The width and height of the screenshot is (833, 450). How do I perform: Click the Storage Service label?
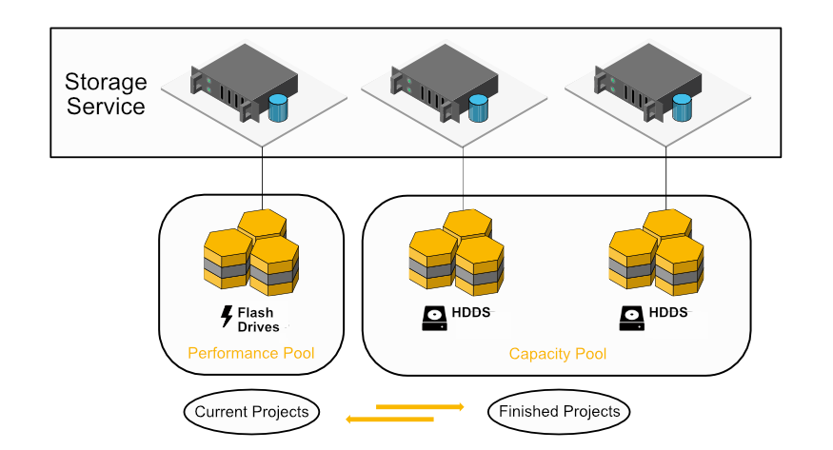105,93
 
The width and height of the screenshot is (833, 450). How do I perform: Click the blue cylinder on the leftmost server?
277,108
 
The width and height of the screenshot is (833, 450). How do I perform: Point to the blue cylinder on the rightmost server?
682,108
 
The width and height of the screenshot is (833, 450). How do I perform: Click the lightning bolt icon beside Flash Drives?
227,317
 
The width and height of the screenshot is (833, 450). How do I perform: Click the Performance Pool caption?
250,354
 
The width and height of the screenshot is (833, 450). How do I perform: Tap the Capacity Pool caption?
557,355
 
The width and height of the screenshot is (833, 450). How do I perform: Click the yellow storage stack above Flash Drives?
251,252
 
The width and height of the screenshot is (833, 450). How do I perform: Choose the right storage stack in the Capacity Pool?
656,252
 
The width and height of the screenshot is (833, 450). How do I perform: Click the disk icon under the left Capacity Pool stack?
435,317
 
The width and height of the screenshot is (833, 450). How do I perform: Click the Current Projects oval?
251,412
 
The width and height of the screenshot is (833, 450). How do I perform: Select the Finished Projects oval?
559,412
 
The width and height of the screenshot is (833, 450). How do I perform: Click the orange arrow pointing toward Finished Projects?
420,406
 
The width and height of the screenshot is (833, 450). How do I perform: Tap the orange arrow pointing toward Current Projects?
389,419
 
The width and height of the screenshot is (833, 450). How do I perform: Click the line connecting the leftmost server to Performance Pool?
261,171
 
